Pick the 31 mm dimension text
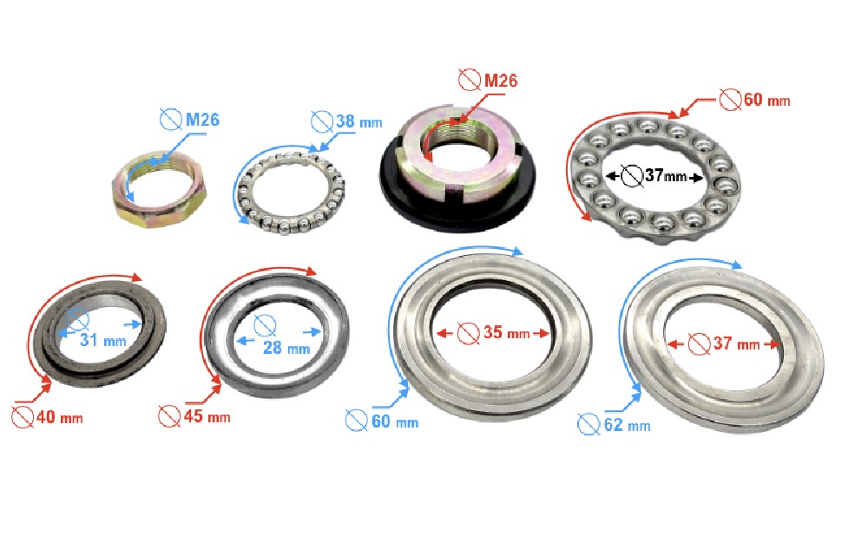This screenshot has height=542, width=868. tap(103, 340)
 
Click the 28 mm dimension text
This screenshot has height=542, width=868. tap(286, 348)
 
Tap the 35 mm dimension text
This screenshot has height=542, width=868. tap(507, 332)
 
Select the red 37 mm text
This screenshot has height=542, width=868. tap(736, 343)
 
